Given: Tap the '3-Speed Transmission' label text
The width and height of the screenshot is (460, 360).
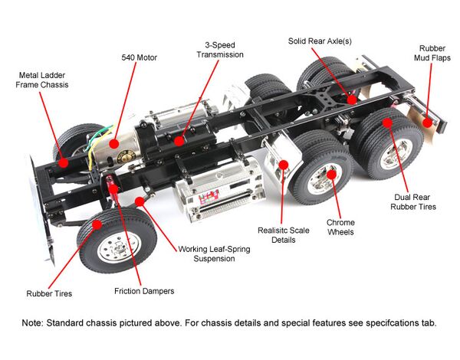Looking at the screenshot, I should [x=219, y=50].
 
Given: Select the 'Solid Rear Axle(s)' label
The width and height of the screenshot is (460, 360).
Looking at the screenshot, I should [x=325, y=41].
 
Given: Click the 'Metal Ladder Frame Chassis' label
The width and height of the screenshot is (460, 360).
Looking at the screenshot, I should [x=44, y=80].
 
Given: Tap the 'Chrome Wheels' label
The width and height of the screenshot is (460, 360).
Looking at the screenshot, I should [x=340, y=227].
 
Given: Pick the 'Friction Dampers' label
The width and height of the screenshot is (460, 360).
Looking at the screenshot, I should [x=144, y=291].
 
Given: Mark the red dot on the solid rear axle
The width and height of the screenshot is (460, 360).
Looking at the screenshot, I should [x=351, y=98].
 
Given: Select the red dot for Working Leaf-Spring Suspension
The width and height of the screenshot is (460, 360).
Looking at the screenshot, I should [x=139, y=201].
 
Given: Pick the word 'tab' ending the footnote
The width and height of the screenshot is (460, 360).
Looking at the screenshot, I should [x=427, y=322].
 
